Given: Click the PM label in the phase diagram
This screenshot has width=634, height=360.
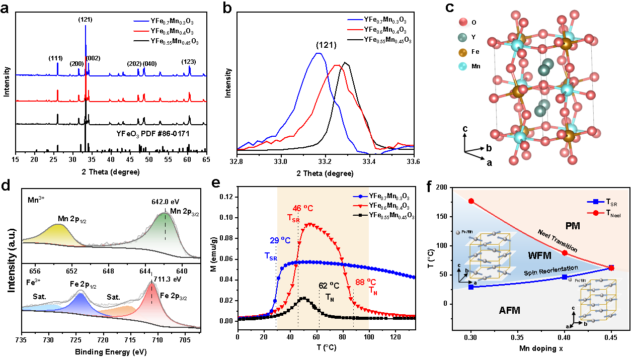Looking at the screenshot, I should (573, 226).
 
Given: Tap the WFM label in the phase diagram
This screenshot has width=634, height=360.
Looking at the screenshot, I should (540, 256).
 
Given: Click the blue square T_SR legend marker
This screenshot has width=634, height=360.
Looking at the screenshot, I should (595, 202).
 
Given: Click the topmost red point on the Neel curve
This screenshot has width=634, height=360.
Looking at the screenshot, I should (471, 201).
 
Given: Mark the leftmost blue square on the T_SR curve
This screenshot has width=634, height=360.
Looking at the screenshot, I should (471, 287).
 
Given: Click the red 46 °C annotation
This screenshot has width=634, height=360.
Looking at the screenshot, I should (304, 208).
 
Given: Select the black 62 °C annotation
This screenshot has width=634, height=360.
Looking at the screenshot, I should (329, 286).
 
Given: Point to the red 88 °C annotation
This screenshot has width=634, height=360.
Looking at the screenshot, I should (366, 282).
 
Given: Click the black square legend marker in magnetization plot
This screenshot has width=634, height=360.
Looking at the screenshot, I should (361, 215).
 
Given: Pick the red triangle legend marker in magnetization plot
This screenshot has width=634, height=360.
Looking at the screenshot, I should (361, 206).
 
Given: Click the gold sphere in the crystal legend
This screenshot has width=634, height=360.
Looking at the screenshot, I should (462, 53).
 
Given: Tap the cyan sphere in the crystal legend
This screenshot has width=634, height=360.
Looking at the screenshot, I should (462, 66).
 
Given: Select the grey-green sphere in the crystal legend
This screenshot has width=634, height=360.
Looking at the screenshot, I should (462, 38).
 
